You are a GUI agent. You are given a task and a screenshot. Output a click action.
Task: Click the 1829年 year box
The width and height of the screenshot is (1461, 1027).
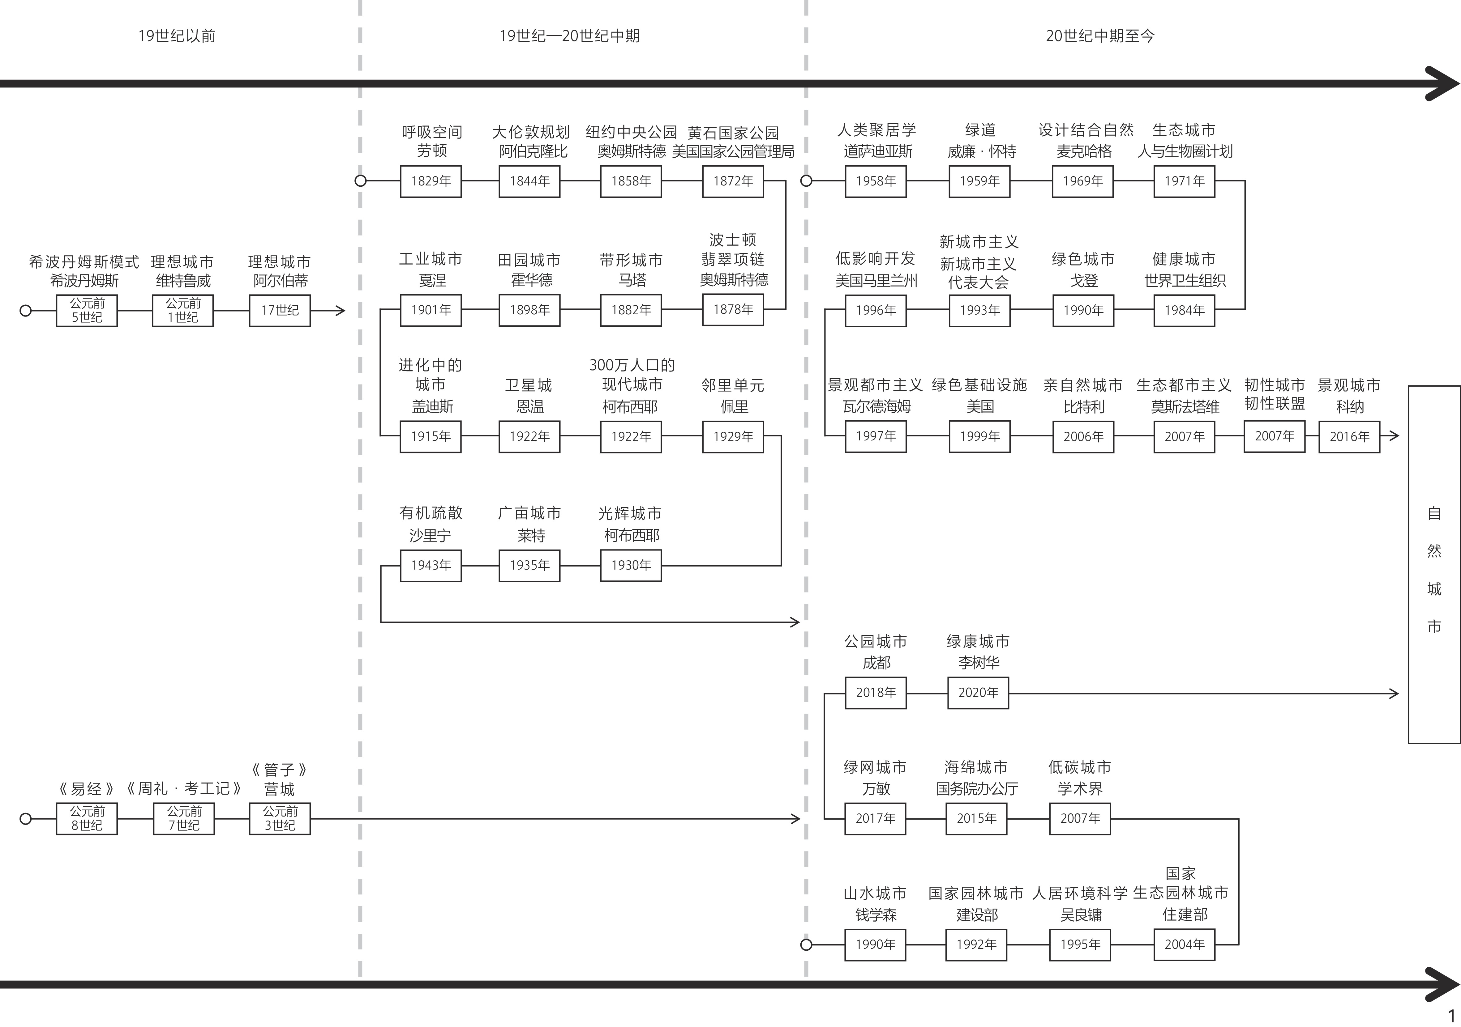click(431, 181)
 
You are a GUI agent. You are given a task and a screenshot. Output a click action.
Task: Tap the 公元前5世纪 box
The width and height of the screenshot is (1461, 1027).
click(87, 310)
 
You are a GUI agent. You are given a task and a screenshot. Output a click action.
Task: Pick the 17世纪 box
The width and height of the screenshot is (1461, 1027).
click(279, 310)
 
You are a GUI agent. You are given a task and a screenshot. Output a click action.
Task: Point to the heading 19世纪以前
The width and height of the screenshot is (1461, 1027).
click(177, 36)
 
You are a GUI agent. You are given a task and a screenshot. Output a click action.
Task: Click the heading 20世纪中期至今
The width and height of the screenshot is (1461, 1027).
click(1099, 36)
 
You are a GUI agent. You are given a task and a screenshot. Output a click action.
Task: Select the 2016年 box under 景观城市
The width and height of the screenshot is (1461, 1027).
click(1349, 436)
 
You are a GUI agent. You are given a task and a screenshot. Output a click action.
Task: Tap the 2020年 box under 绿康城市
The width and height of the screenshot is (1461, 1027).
click(978, 693)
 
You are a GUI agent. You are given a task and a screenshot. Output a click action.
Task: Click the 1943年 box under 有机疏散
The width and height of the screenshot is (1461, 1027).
click(431, 565)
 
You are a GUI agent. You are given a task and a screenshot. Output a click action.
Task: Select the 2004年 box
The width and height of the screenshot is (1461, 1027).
click(1184, 944)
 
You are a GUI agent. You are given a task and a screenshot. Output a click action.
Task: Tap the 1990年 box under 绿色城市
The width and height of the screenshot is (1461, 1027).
click(1083, 310)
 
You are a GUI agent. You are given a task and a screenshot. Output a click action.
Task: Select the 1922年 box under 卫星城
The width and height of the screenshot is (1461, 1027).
click(529, 436)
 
